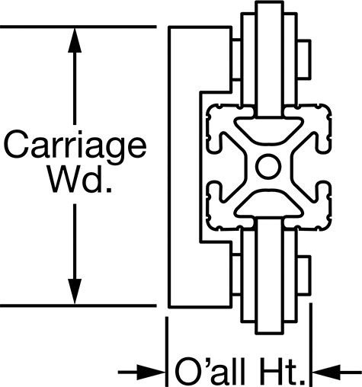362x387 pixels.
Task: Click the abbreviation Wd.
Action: [x=80, y=180]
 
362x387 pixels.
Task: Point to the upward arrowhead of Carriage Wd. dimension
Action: [x=75, y=40]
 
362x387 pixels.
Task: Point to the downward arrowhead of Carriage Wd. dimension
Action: [x=75, y=291]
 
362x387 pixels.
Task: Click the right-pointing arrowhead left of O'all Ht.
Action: [x=152, y=373]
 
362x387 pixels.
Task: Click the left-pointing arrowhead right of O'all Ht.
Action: [x=326, y=373]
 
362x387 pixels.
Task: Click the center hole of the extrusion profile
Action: [x=268, y=166]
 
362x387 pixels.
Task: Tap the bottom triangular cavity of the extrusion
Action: [x=268, y=203]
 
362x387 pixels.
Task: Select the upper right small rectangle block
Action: [x=304, y=59]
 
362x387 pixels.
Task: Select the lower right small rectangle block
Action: [x=304, y=276]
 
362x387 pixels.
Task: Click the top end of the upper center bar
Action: [x=269, y=2]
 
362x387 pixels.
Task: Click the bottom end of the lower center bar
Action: [x=269, y=333]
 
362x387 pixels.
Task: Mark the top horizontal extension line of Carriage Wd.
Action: [x=78, y=27]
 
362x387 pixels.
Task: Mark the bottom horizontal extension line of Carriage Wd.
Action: [x=78, y=305]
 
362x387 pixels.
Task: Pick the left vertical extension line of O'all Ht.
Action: [x=167, y=352]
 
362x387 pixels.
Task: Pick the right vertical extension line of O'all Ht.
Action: [x=311, y=345]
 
